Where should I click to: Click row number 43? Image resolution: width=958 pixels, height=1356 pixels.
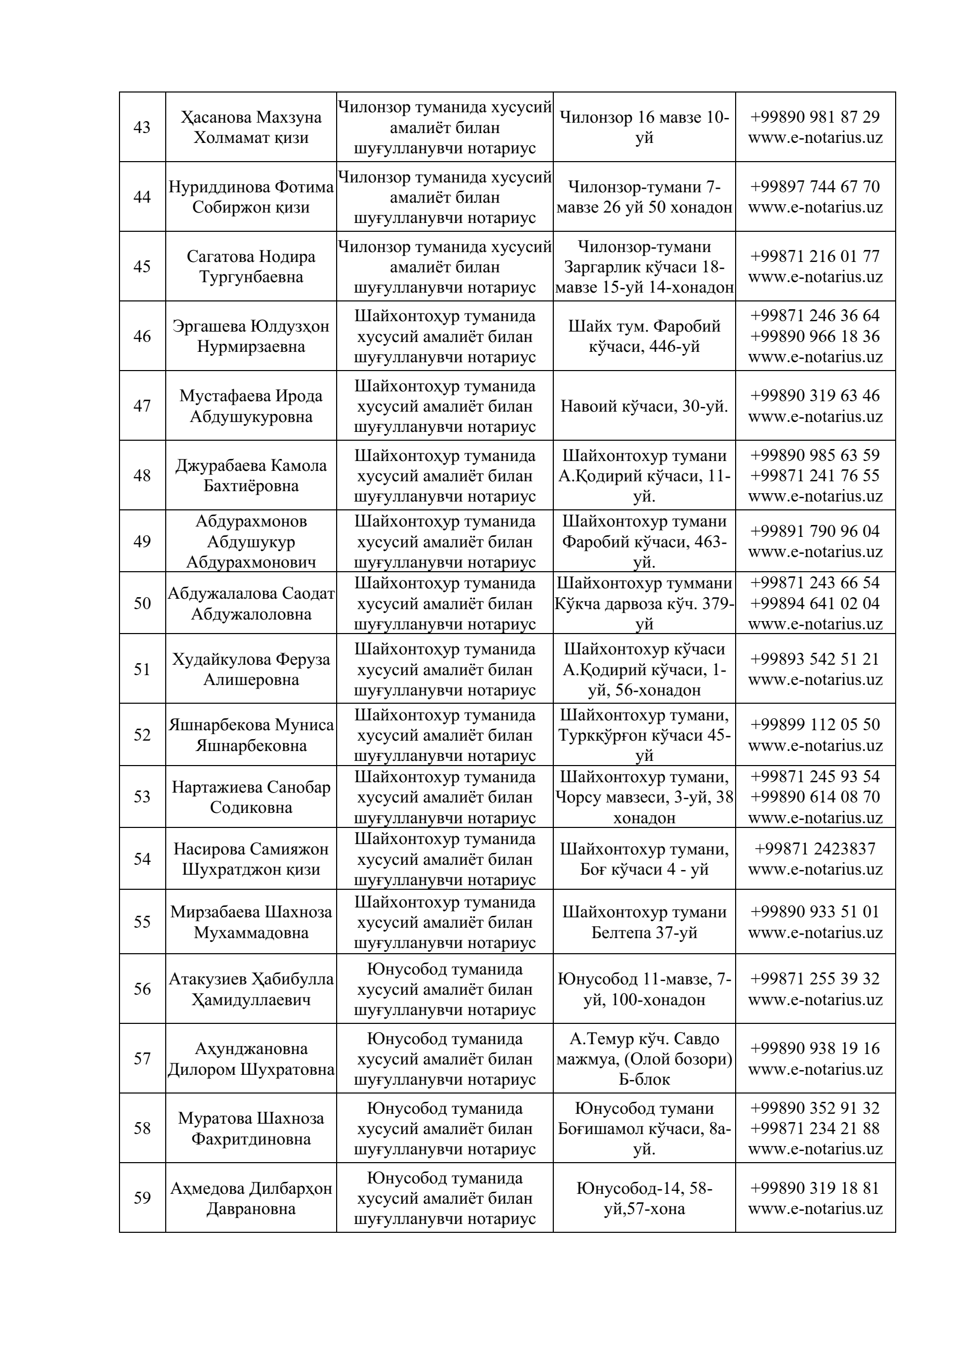click(x=142, y=127)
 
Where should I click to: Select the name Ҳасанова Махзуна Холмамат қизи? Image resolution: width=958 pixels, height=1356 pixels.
click(x=251, y=127)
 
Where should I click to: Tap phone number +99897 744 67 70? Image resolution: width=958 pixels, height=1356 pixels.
click(x=815, y=187)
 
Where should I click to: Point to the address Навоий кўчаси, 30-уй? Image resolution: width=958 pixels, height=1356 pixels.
click(x=644, y=406)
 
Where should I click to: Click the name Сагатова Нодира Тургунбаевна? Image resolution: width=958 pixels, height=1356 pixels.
click(x=251, y=266)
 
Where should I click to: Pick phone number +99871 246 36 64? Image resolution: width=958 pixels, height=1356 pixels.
click(x=815, y=315)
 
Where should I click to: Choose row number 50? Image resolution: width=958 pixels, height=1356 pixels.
click(x=142, y=603)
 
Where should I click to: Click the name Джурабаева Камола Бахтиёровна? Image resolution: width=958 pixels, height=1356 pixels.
click(x=251, y=476)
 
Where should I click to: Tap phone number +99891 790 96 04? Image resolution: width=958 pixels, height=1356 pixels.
click(x=815, y=531)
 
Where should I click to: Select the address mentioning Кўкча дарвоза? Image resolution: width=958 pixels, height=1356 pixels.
click(x=644, y=603)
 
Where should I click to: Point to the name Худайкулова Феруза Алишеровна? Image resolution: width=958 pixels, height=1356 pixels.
click(x=251, y=669)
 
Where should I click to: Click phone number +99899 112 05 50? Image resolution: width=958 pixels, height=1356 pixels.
click(x=815, y=725)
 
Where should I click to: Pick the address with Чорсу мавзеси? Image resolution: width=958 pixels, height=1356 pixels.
click(x=644, y=797)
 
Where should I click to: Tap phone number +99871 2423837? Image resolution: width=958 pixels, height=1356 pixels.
click(x=815, y=849)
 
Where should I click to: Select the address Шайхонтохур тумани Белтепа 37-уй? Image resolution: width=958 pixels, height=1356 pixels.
click(x=644, y=922)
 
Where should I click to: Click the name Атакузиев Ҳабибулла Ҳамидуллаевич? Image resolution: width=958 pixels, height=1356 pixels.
click(x=251, y=989)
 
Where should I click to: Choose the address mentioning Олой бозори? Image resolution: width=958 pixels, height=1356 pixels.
click(x=644, y=1059)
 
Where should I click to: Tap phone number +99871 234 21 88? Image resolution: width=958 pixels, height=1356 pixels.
click(x=815, y=1128)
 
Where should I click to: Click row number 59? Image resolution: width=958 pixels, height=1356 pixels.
click(x=142, y=1197)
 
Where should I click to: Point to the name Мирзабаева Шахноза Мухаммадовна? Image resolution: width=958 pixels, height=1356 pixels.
click(x=251, y=922)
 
